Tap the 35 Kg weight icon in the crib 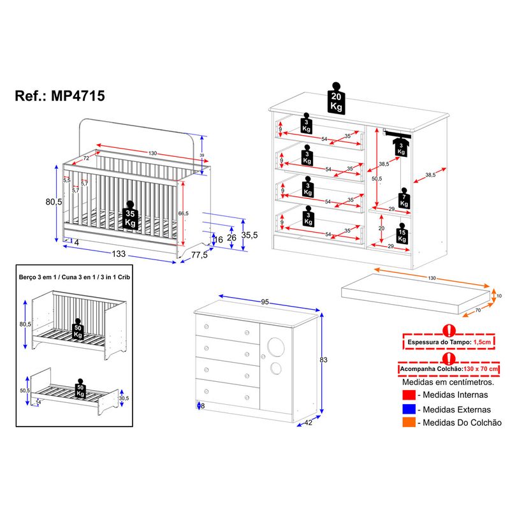click(x=130, y=218)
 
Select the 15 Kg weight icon click(x=402, y=234)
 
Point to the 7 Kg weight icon click(x=404, y=199)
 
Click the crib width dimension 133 click(x=119, y=254)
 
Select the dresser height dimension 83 click(x=323, y=360)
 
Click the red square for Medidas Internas click(x=409, y=395)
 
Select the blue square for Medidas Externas click(x=409, y=409)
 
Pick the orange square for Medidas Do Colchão click(x=409, y=423)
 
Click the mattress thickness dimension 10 click(x=499, y=296)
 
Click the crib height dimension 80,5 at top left click(x=53, y=201)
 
